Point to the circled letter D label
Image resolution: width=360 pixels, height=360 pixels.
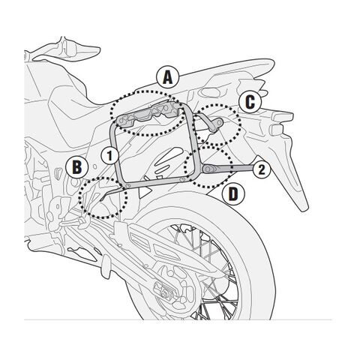point(233,193)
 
